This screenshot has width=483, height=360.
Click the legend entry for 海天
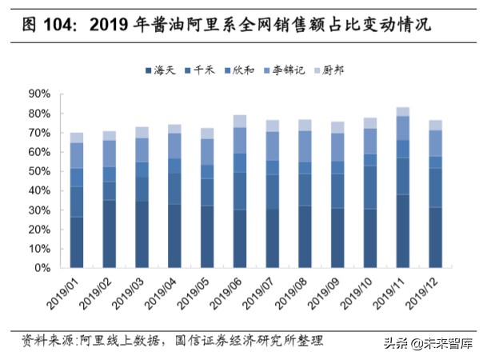(163, 71)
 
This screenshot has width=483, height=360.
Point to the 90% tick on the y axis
(41, 94)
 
